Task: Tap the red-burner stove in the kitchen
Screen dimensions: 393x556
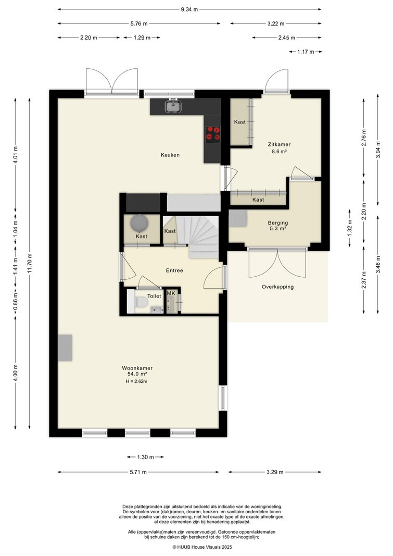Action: click(213, 134)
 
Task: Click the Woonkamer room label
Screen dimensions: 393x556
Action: click(137, 368)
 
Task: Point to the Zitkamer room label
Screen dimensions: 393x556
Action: click(279, 144)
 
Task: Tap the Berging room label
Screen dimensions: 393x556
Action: click(278, 223)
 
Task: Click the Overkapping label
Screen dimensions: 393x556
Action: click(277, 287)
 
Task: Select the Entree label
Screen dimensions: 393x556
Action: click(174, 270)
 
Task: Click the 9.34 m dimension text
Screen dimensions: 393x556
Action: click(189, 9)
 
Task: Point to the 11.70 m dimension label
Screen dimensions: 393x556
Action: click(30, 263)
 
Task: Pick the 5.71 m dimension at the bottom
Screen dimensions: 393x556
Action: click(138, 472)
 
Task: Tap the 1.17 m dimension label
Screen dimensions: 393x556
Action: click(306, 52)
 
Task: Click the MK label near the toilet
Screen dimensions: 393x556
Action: click(171, 293)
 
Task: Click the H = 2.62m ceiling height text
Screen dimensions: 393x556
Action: click(136, 381)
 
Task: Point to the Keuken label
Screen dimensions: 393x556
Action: click(170, 155)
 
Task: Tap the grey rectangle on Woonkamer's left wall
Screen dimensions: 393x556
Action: click(65, 348)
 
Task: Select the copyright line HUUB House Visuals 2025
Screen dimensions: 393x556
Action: click(202, 547)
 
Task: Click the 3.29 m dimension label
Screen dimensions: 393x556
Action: click(275, 472)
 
